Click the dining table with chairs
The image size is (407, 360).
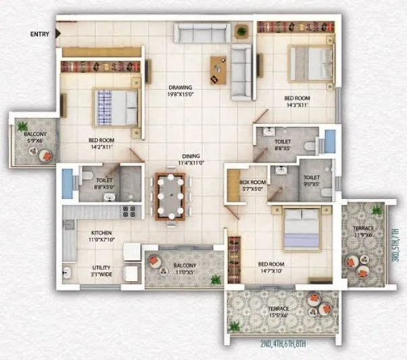point(169,195)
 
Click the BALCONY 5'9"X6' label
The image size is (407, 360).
point(33,138)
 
